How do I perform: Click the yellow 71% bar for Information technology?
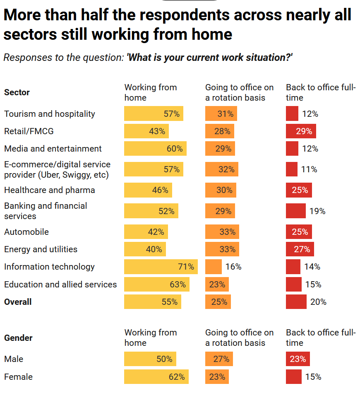[161, 267]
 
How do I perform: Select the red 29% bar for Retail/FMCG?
[301, 131]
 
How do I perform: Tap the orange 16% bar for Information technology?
[214, 267]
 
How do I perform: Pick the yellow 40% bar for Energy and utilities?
[145, 249]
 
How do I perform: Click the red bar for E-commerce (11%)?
[292, 169]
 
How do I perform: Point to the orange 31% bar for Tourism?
[221, 114]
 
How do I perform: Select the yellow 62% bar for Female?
[156, 377]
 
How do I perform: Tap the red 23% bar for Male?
[298, 359]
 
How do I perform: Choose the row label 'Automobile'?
[26, 232]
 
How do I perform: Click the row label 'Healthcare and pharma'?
[50, 190]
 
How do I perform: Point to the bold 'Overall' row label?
[18, 302]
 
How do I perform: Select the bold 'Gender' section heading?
[18, 338]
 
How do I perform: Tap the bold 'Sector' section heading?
[17, 92]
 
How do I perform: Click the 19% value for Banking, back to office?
[317, 211]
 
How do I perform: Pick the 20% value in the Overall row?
[318, 302]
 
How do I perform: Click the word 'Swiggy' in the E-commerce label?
[78, 175]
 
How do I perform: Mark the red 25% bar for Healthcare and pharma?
[299, 190]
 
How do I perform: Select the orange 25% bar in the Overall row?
[218, 302]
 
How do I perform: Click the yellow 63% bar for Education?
[156, 285]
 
